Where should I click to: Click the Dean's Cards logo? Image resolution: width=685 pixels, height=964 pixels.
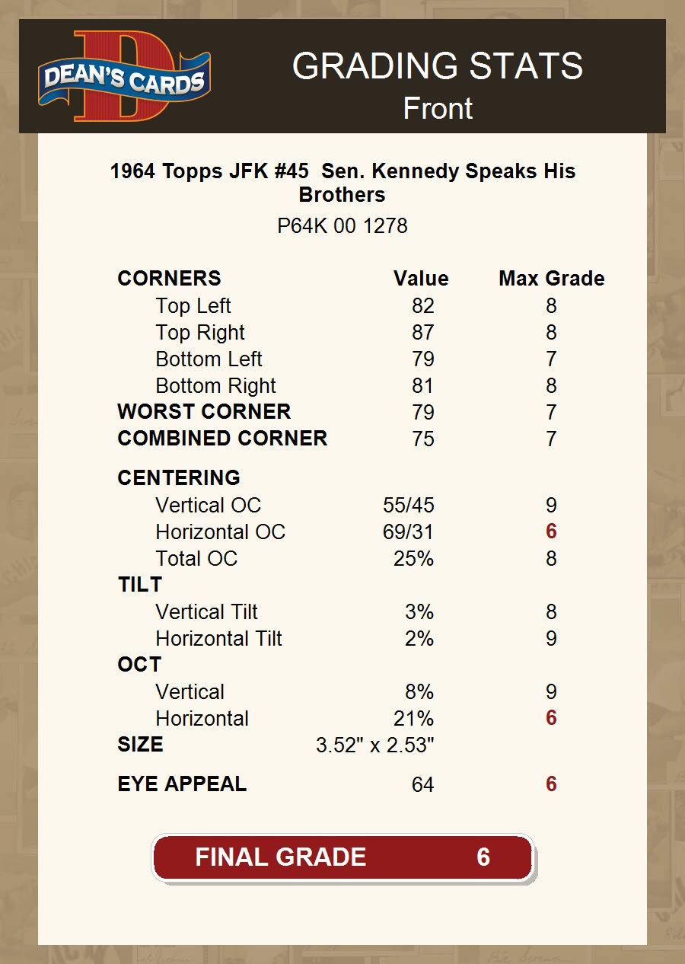click(x=124, y=77)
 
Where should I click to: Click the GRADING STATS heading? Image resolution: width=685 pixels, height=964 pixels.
click(x=438, y=66)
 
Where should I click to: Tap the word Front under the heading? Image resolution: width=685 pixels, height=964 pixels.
click(x=438, y=109)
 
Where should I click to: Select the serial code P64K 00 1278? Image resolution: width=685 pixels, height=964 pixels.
click(x=342, y=226)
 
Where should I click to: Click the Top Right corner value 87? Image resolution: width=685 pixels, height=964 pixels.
click(x=422, y=333)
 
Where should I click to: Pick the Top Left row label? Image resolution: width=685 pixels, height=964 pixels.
click(x=193, y=306)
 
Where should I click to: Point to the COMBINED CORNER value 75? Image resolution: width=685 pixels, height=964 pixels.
click(x=422, y=439)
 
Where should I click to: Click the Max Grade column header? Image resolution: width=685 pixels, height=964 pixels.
click(x=551, y=279)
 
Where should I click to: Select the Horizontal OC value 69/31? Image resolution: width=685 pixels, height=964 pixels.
click(x=408, y=532)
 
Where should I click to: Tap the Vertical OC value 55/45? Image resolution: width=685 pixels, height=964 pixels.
click(x=408, y=506)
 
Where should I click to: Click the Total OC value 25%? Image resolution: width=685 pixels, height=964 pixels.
click(x=413, y=559)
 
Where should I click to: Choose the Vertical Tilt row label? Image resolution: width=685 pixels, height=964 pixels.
click(x=206, y=612)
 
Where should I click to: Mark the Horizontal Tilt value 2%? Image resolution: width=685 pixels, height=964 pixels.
click(x=419, y=639)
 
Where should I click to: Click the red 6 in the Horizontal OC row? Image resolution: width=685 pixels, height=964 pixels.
click(x=551, y=531)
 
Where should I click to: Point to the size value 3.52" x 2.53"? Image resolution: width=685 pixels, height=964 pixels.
click(x=374, y=745)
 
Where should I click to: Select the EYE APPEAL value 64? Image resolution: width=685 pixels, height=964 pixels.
click(x=422, y=785)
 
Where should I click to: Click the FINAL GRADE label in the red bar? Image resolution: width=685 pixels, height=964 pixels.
click(x=280, y=857)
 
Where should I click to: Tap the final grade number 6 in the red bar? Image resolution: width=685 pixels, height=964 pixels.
click(x=483, y=857)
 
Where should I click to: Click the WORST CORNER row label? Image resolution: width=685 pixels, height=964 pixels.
click(x=204, y=412)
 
